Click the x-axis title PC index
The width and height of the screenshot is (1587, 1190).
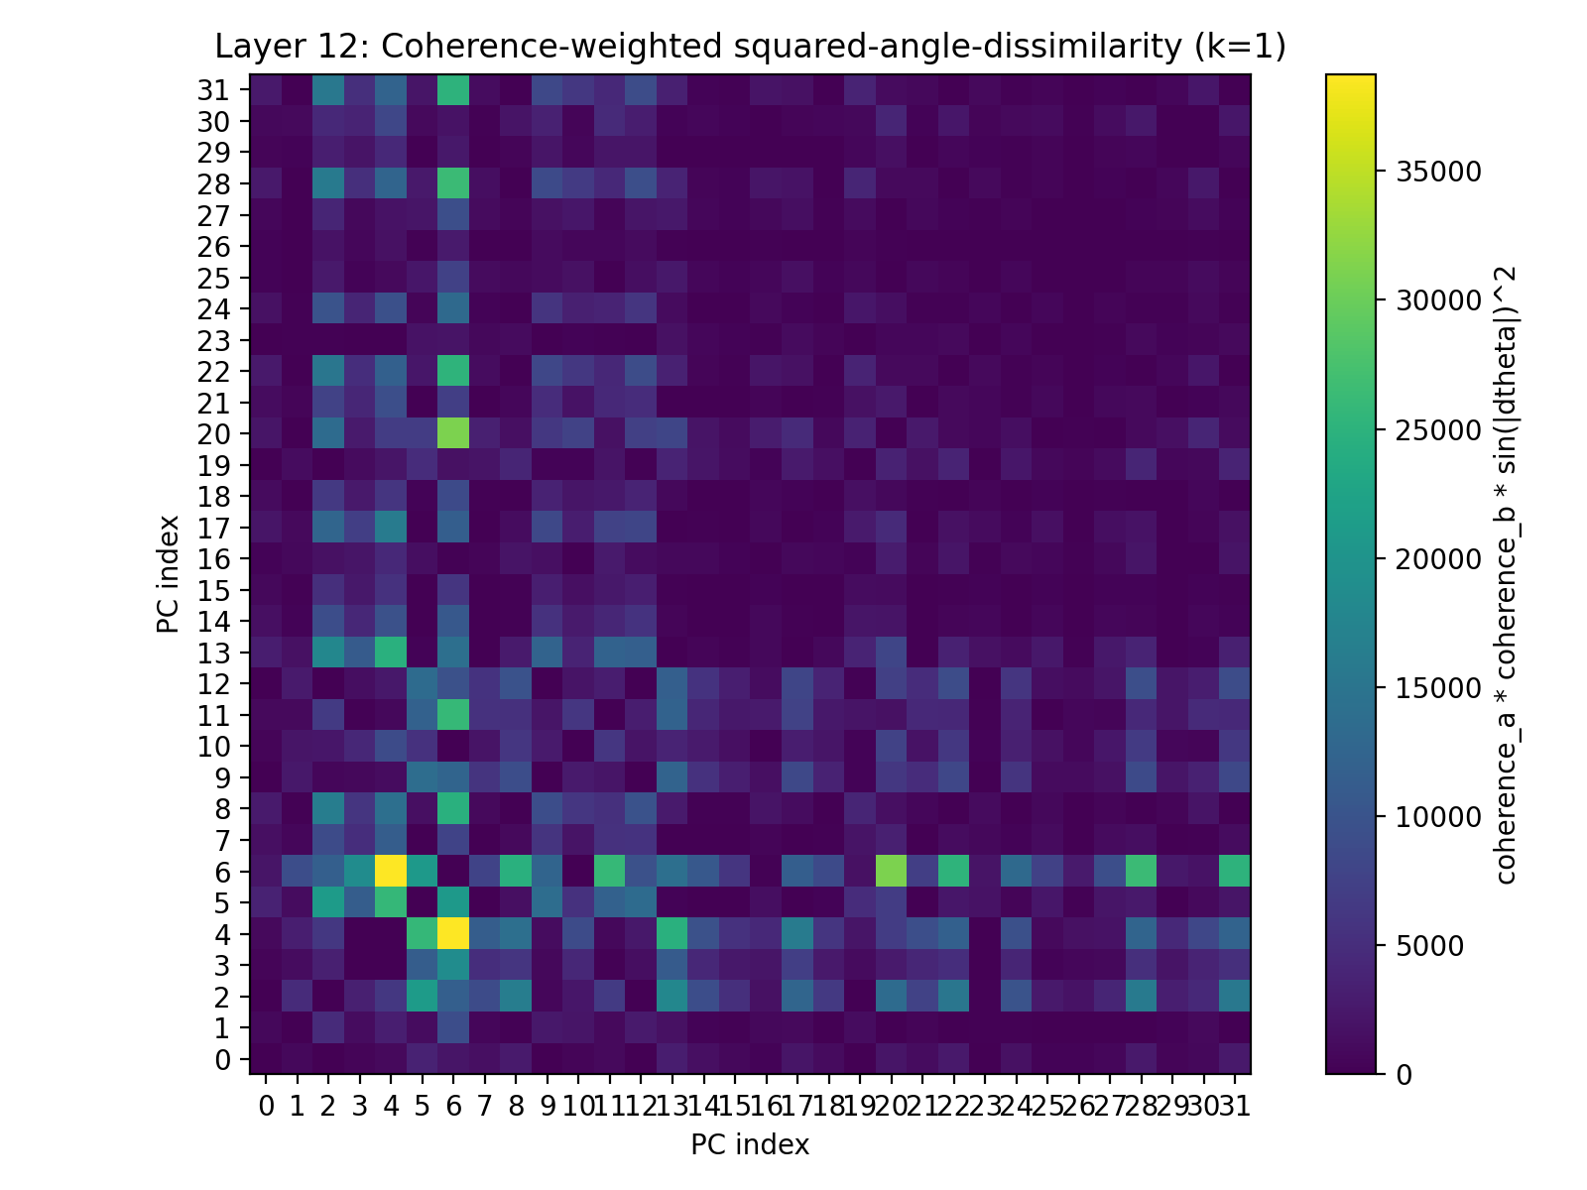click(x=750, y=1145)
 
